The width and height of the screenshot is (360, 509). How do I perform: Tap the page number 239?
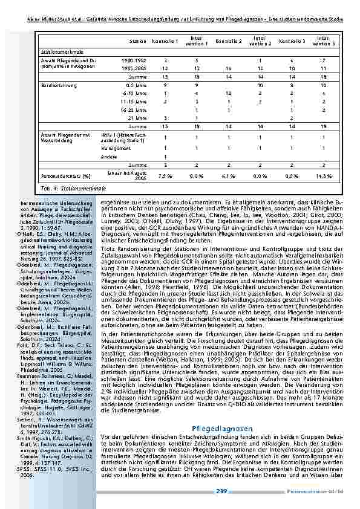coord(221,491)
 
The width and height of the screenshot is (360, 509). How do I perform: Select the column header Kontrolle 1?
coord(165,41)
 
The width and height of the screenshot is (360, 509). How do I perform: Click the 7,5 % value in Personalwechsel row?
coord(165,176)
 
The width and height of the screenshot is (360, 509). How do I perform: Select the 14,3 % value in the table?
coord(324,176)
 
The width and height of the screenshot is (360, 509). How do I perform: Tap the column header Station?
coord(137,41)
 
